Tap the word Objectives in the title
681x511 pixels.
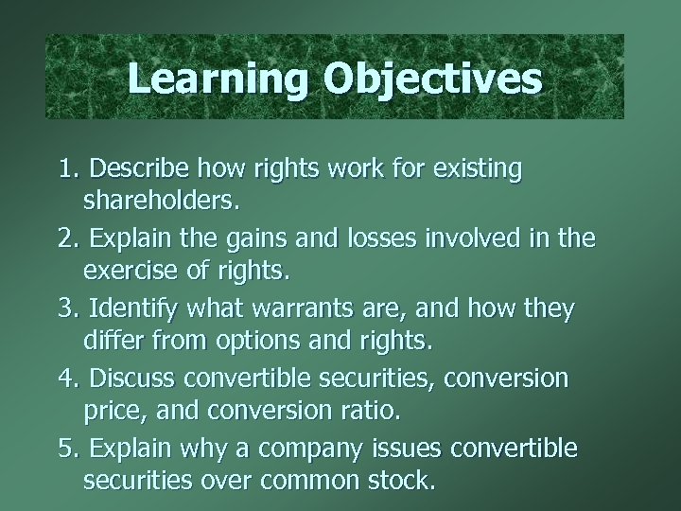(x=433, y=78)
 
